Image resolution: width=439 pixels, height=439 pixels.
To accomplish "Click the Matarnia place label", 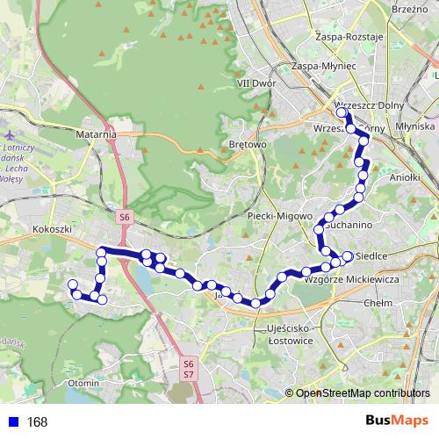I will (x=97, y=135).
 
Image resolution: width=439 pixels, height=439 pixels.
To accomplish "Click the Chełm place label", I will (x=377, y=301).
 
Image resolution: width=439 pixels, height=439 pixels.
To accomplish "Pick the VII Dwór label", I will (x=256, y=83).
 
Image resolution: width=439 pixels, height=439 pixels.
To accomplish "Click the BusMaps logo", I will (x=397, y=421).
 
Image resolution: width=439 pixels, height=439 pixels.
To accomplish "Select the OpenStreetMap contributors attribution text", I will (x=363, y=393).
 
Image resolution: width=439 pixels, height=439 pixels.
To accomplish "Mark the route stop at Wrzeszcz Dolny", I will (x=342, y=112).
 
